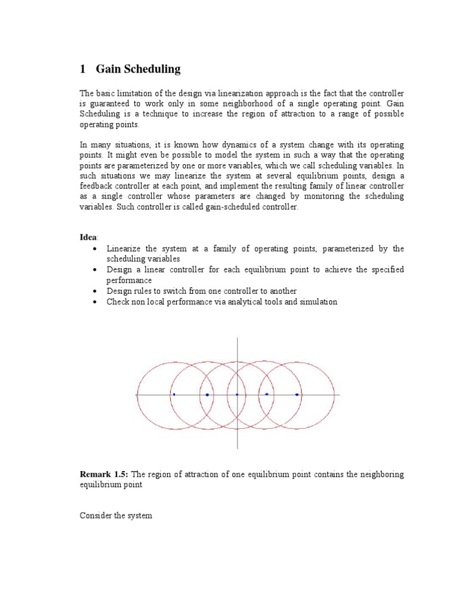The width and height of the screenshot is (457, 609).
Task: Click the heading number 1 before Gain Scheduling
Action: coord(83,70)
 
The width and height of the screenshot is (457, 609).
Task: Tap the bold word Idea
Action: coord(88,237)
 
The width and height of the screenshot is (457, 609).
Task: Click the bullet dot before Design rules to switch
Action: coord(95,291)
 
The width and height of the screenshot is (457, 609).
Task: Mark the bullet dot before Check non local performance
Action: coord(95,302)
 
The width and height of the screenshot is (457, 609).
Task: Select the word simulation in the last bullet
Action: coord(319,302)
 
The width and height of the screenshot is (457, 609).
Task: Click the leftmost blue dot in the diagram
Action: coord(174,394)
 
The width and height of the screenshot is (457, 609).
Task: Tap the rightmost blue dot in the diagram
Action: coord(297,394)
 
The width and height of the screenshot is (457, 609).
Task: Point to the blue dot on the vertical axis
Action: coord(237,394)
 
